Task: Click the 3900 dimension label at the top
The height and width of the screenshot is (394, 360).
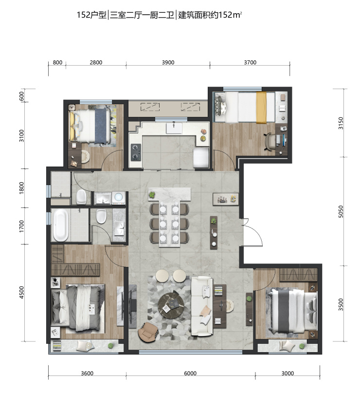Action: [168, 62]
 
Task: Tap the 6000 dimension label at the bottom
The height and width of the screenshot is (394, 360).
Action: [190, 373]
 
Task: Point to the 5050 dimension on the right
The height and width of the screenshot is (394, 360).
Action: [341, 211]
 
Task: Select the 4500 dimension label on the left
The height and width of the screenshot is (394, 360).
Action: [21, 292]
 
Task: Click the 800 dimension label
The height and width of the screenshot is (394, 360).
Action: [57, 62]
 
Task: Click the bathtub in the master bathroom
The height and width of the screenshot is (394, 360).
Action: [60, 225]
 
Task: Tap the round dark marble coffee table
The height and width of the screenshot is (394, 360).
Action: [171, 304]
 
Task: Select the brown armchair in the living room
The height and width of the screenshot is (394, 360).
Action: [148, 332]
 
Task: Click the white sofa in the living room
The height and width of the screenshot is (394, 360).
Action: [202, 306]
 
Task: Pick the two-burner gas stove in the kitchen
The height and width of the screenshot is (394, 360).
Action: [136, 152]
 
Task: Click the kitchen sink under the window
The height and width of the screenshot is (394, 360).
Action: [174, 128]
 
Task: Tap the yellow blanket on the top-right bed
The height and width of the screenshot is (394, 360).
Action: [261, 107]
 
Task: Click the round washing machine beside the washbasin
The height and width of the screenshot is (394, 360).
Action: [118, 197]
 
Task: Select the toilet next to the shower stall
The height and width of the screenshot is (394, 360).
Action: [81, 197]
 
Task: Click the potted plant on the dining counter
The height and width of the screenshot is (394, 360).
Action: [152, 194]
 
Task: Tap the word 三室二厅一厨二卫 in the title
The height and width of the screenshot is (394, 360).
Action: [142, 15]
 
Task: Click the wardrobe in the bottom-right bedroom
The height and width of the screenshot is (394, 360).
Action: [298, 274]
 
